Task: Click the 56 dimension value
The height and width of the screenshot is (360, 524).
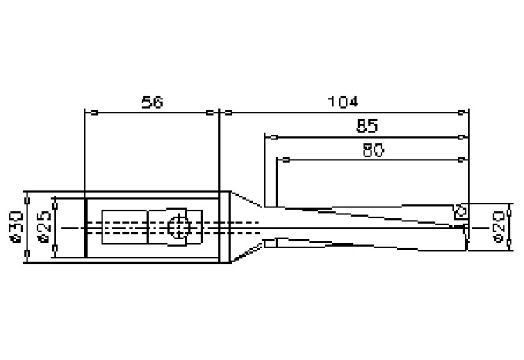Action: point(152,103)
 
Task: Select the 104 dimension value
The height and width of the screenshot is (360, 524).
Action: point(343,103)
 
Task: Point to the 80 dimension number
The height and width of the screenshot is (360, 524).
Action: point(373,150)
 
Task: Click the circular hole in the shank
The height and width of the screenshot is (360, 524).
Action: point(179,228)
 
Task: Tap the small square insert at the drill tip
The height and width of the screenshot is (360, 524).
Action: point(461,211)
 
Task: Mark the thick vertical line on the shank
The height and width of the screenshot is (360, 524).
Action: point(84,227)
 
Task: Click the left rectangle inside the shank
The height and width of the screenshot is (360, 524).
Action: point(125,228)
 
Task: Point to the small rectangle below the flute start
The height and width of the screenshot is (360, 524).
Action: point(271,243)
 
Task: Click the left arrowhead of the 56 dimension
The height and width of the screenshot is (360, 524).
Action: point(88,113)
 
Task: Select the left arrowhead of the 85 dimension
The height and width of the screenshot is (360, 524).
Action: point(268,136)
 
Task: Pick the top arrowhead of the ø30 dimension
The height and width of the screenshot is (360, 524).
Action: point(27,196)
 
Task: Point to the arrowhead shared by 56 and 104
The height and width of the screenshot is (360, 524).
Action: point(218,113)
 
